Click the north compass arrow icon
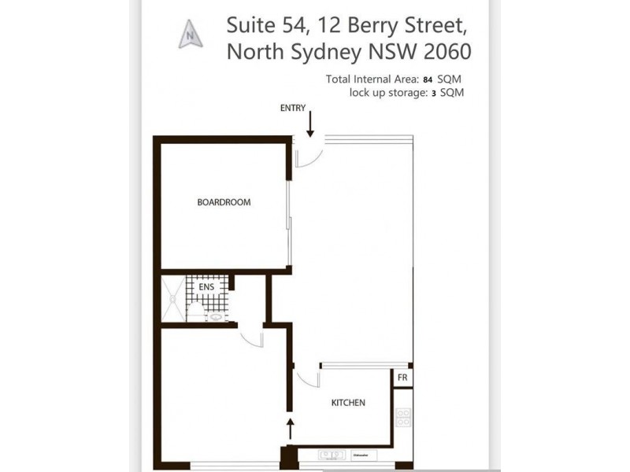[190, 34]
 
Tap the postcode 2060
[447, 52]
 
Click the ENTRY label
[293, 108]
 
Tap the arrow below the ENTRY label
[310, 124]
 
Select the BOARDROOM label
[224, 202]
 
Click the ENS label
[206, 287]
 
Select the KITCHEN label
[347, 403]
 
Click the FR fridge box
[402, 378]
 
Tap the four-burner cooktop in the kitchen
[403, 417]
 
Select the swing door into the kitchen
[308, 378]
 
